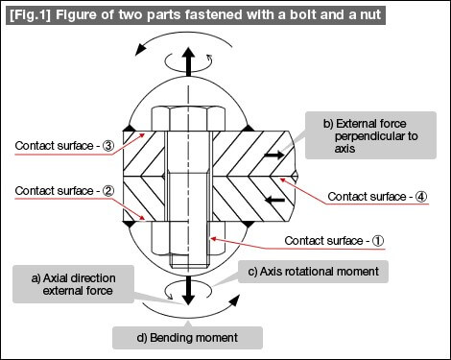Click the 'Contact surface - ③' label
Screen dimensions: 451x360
pyautogui.click(x=64, y=146)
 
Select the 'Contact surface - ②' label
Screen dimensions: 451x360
pyautogui.click(x=64, y=191)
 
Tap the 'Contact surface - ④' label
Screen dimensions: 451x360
pyautogui.click(x=377, y=197)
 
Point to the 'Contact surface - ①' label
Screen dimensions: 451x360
pyautogui.click(x=334, y=241)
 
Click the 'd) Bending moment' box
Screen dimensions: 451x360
pyautogui.click(x=187, y=338)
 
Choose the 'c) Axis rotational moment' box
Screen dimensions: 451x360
pyautogui.click(x=313, y=272)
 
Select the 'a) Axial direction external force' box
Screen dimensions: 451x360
pyautogui.click(x=73, y=284)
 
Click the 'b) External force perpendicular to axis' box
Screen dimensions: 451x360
pyautogui.click(x=370, y=135)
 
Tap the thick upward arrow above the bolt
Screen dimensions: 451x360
pyautogui.click(x=189, y=61)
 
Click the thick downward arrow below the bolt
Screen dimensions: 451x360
pyautogui.click(x=189, y=290)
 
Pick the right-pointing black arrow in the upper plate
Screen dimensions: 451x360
pyautogui.click(x=273, y=156)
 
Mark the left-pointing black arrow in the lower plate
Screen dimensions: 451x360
pyautogui.click(x=275, y=201)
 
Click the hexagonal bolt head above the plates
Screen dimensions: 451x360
pyautogui.click(x=188, y=119)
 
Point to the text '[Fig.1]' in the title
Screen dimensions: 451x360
pyautogui.click(x=31, y=14)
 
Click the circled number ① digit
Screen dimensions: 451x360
pyautogui.click(x=378, y=241)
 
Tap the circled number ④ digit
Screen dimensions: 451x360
pyautogui.click(x=421, y=197)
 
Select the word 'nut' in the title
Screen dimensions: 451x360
pyautogui.click(x=369, y=15)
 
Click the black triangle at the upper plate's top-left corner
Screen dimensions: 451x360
pyautogui.click(x=129, y=128)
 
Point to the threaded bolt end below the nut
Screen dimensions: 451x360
pyautogui.click(x=189, y=261)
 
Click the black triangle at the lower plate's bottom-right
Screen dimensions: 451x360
pyautogui.click(x=248, y=225)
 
